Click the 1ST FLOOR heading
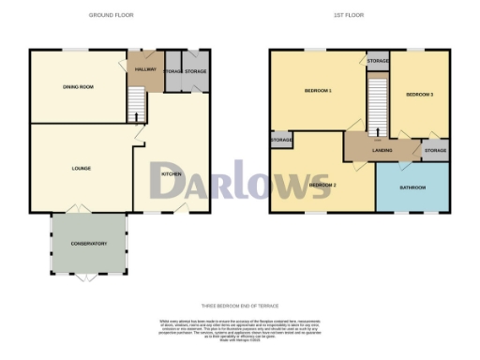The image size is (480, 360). [x=349, y=16]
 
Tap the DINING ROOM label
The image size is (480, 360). [x=78, y=87]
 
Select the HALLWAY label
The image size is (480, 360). [x=146, y=69]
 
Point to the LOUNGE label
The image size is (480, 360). [x=82, y=169]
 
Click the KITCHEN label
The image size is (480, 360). [x=172, y=174]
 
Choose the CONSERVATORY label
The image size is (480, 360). [x=88, y=244]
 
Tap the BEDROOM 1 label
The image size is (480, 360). [x=318, y=91]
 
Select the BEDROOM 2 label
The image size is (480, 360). [x=322, y=185]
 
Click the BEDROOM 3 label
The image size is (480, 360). [x=419, y=95]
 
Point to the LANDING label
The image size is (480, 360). [x=382, y=151]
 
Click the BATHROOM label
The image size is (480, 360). [x=412, y=187]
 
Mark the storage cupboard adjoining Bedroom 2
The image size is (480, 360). [x=281, y=141]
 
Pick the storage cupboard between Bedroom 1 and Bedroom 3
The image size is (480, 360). [x=378, y=61]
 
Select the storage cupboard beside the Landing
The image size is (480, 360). [x=435, y=151]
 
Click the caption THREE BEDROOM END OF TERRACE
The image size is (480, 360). [x=241, y=306]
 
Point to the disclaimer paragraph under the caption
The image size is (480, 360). [x=241, y=327]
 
